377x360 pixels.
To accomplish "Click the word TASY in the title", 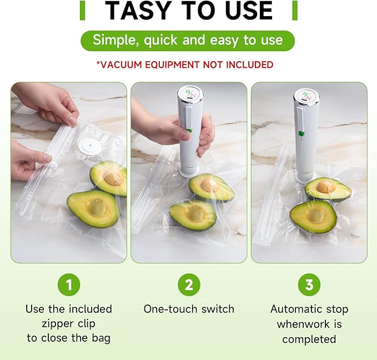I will pos(137,11).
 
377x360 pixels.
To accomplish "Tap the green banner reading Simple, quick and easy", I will pos(188,40).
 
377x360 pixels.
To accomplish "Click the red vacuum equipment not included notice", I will pos(185,65).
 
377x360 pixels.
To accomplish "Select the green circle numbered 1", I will pos(69,285).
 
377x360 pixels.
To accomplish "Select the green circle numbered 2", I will pos(189,285).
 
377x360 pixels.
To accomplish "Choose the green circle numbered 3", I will pos(309,285).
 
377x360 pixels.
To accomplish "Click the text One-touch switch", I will pos(189,309).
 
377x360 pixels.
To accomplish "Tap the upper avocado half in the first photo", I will pos(109,177).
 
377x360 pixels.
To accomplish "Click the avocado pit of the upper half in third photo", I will pos(326,187).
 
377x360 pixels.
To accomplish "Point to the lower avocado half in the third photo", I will pos(313,217).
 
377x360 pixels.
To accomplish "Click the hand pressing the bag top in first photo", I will pos(47,103).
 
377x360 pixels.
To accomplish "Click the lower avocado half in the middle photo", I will pos(193,214).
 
